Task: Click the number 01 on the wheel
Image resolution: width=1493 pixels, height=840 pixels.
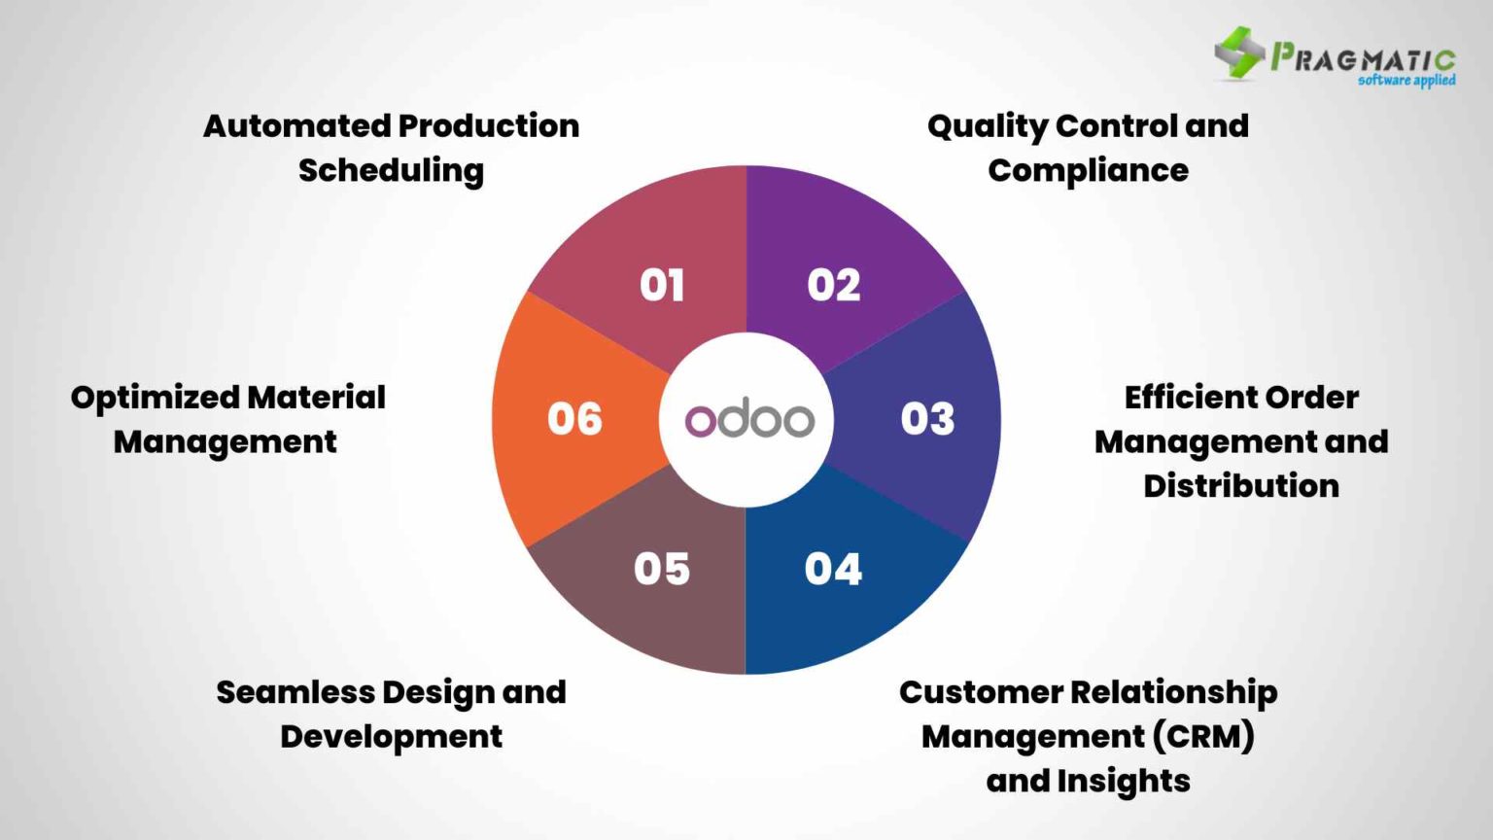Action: (x=662, y=286)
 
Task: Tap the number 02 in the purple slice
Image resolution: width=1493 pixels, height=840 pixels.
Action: (x=834, y=286)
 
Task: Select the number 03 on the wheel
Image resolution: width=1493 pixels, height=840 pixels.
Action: (x=927, y=419)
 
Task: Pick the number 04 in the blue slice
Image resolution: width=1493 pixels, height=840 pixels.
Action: (x=833, y=570)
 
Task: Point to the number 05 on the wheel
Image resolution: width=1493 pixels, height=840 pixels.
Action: (x=662, y=570)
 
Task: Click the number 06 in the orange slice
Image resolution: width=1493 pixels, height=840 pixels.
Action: (x=574, y=419)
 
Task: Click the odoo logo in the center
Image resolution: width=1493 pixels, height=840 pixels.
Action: (x=748, y=420)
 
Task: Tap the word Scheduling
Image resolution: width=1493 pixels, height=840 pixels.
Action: (x=391, y=171)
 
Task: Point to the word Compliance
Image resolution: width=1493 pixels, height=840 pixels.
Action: (x=1088, y=171)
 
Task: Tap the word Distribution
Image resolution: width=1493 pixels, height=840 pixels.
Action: (x=1240, y=486)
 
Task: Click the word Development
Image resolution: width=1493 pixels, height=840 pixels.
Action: (x=391, y=737)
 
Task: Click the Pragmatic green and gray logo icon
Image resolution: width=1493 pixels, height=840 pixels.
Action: (x=1239, y=52)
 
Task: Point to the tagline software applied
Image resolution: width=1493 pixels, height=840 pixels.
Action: (x=1406, y=81)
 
